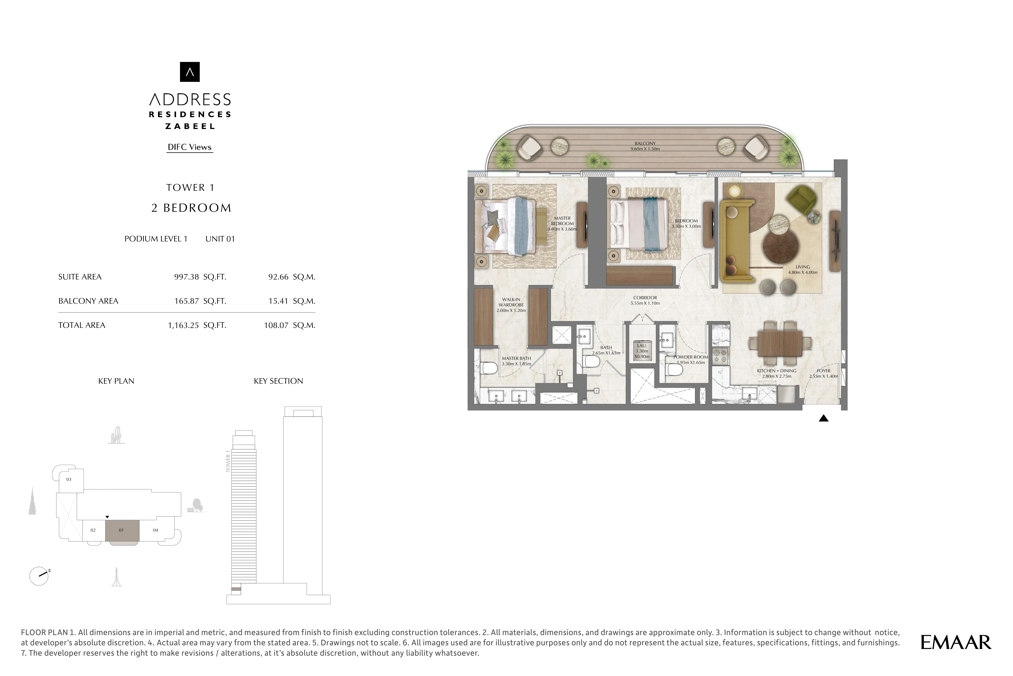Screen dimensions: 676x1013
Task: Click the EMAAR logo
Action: click(x=956, y=642)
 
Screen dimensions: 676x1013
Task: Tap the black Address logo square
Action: click(x=190, y=72)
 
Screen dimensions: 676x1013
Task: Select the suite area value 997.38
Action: click(x=186, y=277)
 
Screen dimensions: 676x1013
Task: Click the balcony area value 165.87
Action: click(x=186, y=301)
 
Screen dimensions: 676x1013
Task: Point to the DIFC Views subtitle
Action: click(x=190, y=147)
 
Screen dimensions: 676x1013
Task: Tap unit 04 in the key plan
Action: click(x=156, y=530)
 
